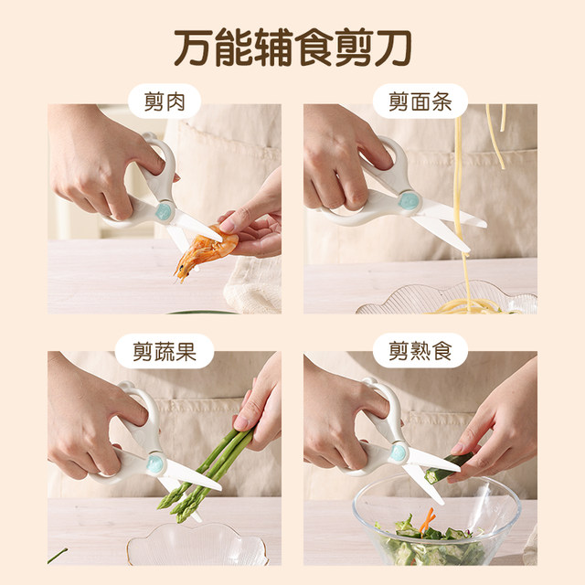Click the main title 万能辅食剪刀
[292, 46]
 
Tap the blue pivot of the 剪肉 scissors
[165, 212]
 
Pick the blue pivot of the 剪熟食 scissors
[399, 451]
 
